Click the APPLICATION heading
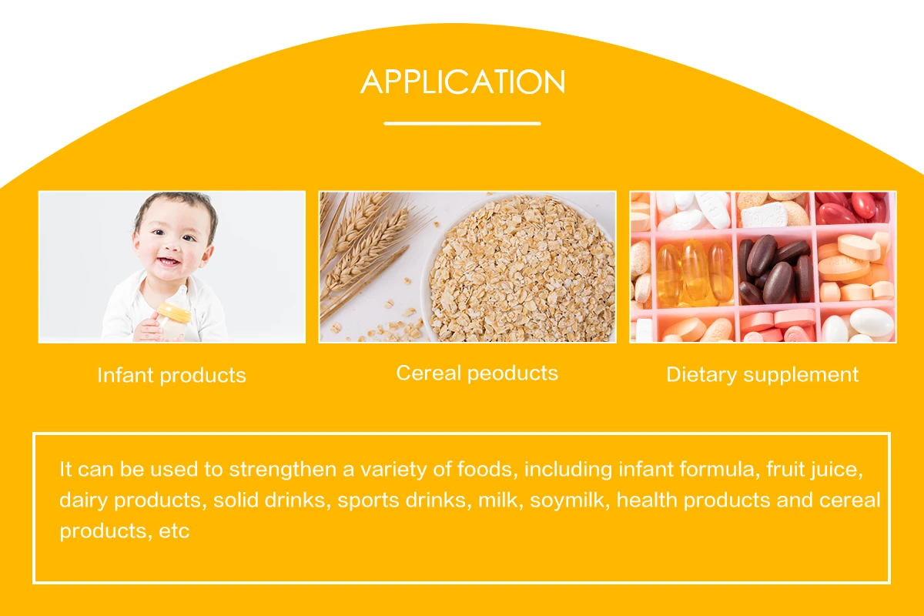click(463, 82)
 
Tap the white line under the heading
click(462, 123)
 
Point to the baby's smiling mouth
click(169, 262)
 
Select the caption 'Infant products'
click(172, 376)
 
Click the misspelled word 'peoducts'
click(513, 373)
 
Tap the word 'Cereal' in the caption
click(428, 373)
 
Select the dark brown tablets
click(773, 269)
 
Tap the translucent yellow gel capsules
click(695, 273)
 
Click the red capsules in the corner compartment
click(854, 208)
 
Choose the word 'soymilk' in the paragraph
click(567, 500)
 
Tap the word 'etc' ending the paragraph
click(174, 531)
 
